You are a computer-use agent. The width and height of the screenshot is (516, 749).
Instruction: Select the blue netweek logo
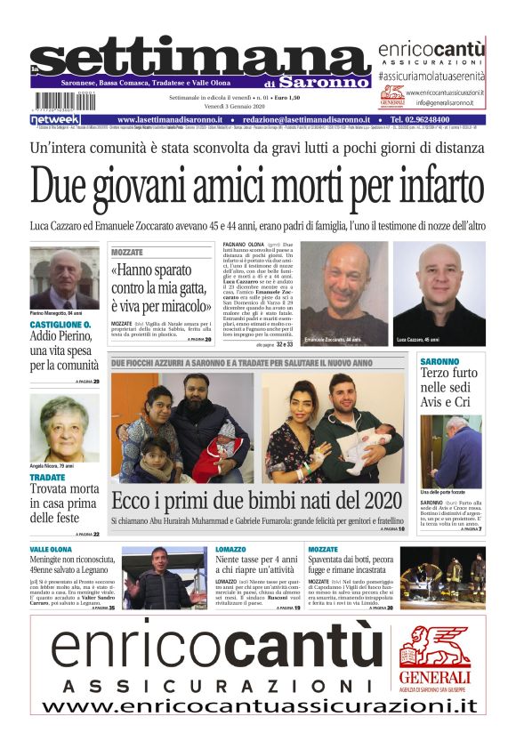[55, 119]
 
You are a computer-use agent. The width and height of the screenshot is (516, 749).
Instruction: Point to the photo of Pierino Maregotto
[64, 278]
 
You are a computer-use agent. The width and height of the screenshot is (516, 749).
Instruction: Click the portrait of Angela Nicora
[64, 428]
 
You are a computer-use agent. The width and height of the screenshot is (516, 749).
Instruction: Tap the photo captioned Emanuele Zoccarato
[344, 293]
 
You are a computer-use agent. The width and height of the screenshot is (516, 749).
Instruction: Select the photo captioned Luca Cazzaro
[438, 293]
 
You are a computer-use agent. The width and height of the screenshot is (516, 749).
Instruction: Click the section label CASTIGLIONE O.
[60, 326]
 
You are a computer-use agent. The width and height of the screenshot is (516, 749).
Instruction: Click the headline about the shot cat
[161, 288]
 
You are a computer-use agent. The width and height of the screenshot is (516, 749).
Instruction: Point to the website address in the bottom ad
[258, 706]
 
